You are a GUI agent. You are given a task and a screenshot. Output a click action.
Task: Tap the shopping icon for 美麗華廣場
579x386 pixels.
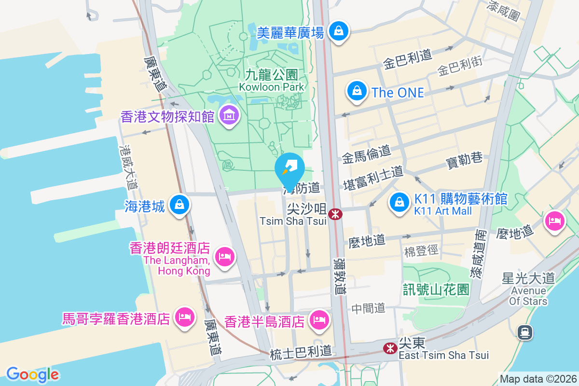[x=339, y=31]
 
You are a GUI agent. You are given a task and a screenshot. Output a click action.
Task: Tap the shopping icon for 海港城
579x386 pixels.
[x=179, y=205]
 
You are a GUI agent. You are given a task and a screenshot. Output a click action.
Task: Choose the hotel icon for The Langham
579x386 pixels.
[x=224, y=256]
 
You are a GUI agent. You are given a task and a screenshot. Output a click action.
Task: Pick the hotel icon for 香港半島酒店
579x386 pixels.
[x=319, y=319]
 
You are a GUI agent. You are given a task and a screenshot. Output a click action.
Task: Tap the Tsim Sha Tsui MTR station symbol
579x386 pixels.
[x=334, y=213]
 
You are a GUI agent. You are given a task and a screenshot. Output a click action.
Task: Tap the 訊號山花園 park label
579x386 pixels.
[x=436, y=289]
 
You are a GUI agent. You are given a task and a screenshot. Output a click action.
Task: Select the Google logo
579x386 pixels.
[x=32, y=374]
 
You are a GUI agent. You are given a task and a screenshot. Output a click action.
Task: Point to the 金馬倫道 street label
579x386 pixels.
[x=366, y=154]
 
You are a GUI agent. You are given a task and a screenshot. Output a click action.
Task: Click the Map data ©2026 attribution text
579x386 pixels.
[x=538, y=379]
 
